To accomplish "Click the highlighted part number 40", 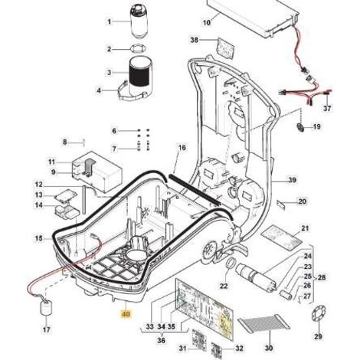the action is click(x=126, y=314).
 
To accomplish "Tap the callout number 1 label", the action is click(x=110, y=22).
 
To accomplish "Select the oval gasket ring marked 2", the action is click(x=138, y=48).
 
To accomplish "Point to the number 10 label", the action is click(x=207, y=22).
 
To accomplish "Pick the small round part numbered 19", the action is click(x=300, y=126).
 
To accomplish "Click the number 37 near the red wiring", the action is click(x=327, y=109).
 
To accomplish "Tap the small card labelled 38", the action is click(x=226, y=47).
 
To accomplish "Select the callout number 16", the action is click(x=182, y=148).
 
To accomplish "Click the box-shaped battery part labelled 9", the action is click(x=97, y=172).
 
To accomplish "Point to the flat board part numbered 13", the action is click(x=66, y=195).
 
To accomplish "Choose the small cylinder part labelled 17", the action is click(x=46, y=308).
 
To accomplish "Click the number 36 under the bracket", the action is click(x=161, y=341).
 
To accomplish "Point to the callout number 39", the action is click(x=292, y=180).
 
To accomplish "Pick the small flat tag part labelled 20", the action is click(x=282, y=204).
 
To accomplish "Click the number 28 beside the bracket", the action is click(x=322, y=277).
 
